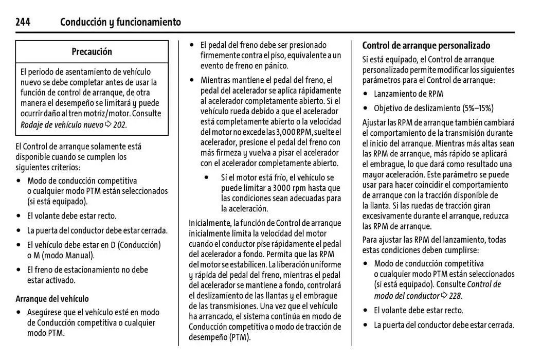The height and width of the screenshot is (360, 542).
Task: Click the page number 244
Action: pos(23,22)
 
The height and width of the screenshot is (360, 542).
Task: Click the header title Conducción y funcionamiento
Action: pos(120,22)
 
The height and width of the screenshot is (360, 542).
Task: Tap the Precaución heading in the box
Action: pos(92,51)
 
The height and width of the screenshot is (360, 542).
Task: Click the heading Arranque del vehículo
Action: pos(52,299)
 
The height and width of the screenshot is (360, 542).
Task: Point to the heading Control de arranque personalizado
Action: pos(426,45)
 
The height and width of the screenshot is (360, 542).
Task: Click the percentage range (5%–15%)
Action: pos(476,108)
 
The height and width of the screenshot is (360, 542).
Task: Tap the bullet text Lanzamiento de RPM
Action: pos(408,94)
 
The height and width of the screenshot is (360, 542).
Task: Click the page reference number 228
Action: pos(455,296)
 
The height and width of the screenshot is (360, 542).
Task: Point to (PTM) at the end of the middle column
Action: pos(240,337)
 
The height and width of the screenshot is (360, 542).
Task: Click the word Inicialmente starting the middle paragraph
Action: pos(210,223)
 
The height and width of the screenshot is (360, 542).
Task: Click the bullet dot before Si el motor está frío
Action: pos(207,177)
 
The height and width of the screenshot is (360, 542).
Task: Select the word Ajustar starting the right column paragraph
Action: pos(373,122)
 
